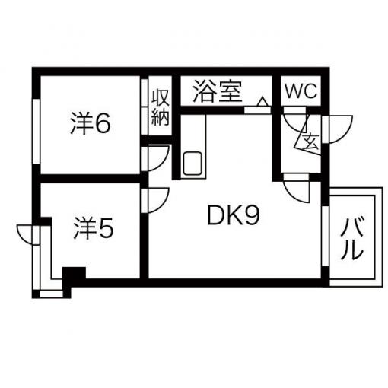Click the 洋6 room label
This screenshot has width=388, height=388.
pyautogui.click(x=91, y=123)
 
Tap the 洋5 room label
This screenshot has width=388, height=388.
pyautogui.click(x=93, y=228)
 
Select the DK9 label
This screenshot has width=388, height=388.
pyautogui.click(x=234, y=216)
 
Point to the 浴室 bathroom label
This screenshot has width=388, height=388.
pyautogui.click(x=218, y=91)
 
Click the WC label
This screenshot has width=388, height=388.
pyautogui.click(x=301, y=91)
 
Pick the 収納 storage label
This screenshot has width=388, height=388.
pyautogui.click(x=161, y=107)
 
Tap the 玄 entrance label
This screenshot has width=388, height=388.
pyautogui.click(x=312, y=142)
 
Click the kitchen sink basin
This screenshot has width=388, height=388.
pyautogui.click(x=192, y=164)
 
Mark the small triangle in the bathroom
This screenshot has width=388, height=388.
pyautogui.click(x=262, y=101)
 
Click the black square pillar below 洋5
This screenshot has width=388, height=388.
pyautogui.click(x=74, y=273)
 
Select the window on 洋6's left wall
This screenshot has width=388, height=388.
pyautogui.click(x=37, y=132)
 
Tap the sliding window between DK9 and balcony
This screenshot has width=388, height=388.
pyautogui.click(x=325, y=236)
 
